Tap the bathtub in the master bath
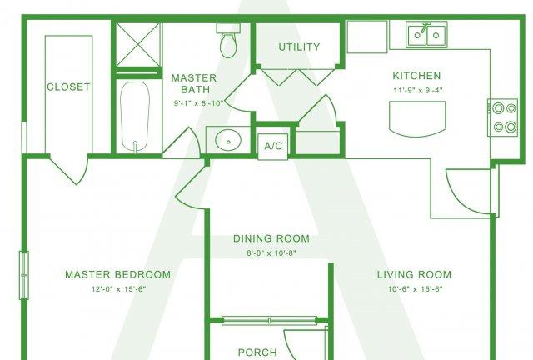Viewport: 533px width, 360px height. click(135, 117)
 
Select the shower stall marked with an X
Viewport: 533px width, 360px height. click(137, 44)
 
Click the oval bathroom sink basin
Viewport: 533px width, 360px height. click(228, 140)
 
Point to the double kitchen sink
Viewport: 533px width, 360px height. click(426, 34)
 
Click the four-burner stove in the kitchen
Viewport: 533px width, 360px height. click(503, 117)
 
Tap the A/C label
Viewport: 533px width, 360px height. click(273, 146)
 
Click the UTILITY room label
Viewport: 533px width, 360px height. click(299, 47)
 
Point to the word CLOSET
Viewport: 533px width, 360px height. click(68, 87)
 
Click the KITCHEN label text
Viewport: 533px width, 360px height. click(416, 76)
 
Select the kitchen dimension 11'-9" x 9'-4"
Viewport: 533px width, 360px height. click(418, 91)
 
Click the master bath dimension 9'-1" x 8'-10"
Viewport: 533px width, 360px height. click(198, 102)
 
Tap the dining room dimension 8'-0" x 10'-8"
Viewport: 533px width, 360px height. click(271, 253)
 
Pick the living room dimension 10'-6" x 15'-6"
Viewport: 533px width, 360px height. click(415, 289)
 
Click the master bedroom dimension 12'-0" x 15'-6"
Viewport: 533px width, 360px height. click(118, 289)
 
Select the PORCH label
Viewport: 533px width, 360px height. click(257, 352)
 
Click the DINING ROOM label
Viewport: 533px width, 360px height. click(271, 238)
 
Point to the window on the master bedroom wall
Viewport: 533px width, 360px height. click(24, 275)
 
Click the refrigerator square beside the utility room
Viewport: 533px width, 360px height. click(367, 37)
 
